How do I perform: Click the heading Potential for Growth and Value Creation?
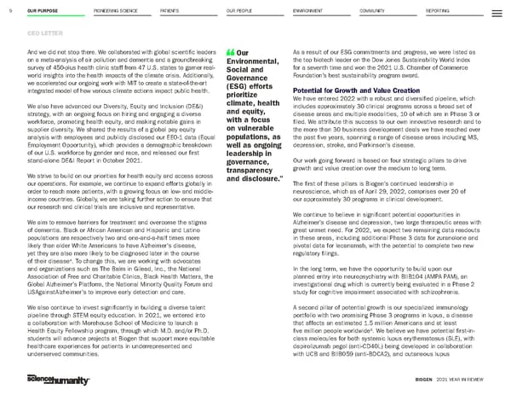coord(337,90)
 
